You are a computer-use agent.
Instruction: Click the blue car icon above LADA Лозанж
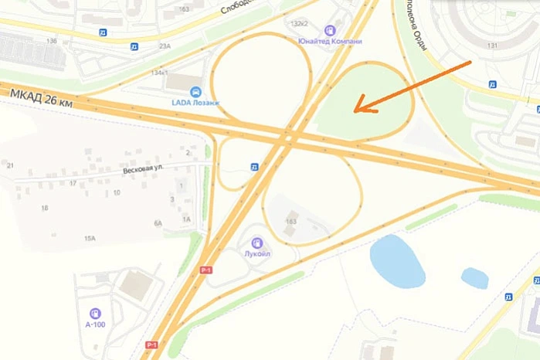(195, 90)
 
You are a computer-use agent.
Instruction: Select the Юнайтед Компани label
(335, 40)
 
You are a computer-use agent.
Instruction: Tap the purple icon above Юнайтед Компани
(334, 29)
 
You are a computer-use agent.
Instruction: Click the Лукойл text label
(257, 253)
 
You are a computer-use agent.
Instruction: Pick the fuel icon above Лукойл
(257, 243)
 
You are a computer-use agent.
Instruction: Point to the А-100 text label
(95, 324)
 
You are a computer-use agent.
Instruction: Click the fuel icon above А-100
(95, 313)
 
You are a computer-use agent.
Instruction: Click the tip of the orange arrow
(355, 110)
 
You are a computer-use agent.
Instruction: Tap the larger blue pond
(397, 261)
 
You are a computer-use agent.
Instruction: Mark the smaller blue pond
(474, 278)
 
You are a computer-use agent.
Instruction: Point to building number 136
(52, 40)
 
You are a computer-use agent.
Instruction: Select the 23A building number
(165, 46)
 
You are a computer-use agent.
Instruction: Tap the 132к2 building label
(300, 24)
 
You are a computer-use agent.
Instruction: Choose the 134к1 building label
(160, 73)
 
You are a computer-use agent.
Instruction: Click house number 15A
(90, 239)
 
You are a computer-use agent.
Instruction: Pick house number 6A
(158, 222)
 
